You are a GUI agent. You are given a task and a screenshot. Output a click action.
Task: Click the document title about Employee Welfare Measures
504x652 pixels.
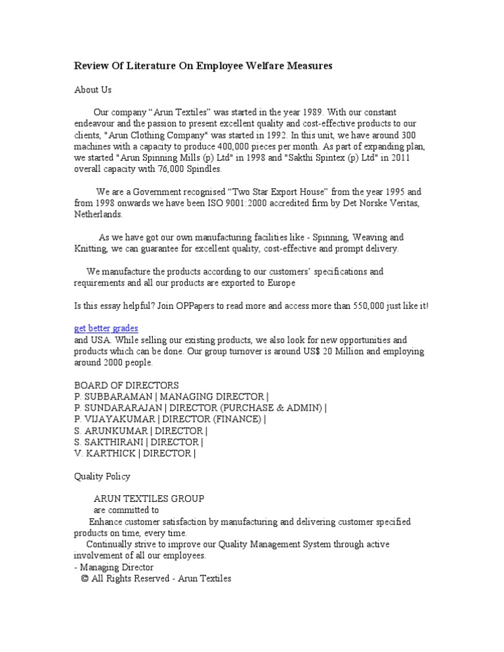pyautogui.click(x=203, y=66)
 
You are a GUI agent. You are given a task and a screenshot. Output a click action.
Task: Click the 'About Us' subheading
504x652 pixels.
pyautogui.click(x=93, y=89)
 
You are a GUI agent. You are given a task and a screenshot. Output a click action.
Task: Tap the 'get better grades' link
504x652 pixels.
pyautogui.click(x=106, y=328)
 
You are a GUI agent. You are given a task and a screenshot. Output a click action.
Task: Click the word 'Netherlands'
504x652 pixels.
pyautogui.click(x=98, y=214)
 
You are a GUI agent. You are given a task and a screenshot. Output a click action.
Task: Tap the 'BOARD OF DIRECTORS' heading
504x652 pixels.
pyautogui.click(x=126, y=385)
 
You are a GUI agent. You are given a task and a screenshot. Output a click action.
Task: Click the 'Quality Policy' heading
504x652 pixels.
pyautogui.click(x=102, y=476)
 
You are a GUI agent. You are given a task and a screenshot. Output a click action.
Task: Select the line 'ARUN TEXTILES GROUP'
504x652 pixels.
pyautogui.click(x=149, y=499)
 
